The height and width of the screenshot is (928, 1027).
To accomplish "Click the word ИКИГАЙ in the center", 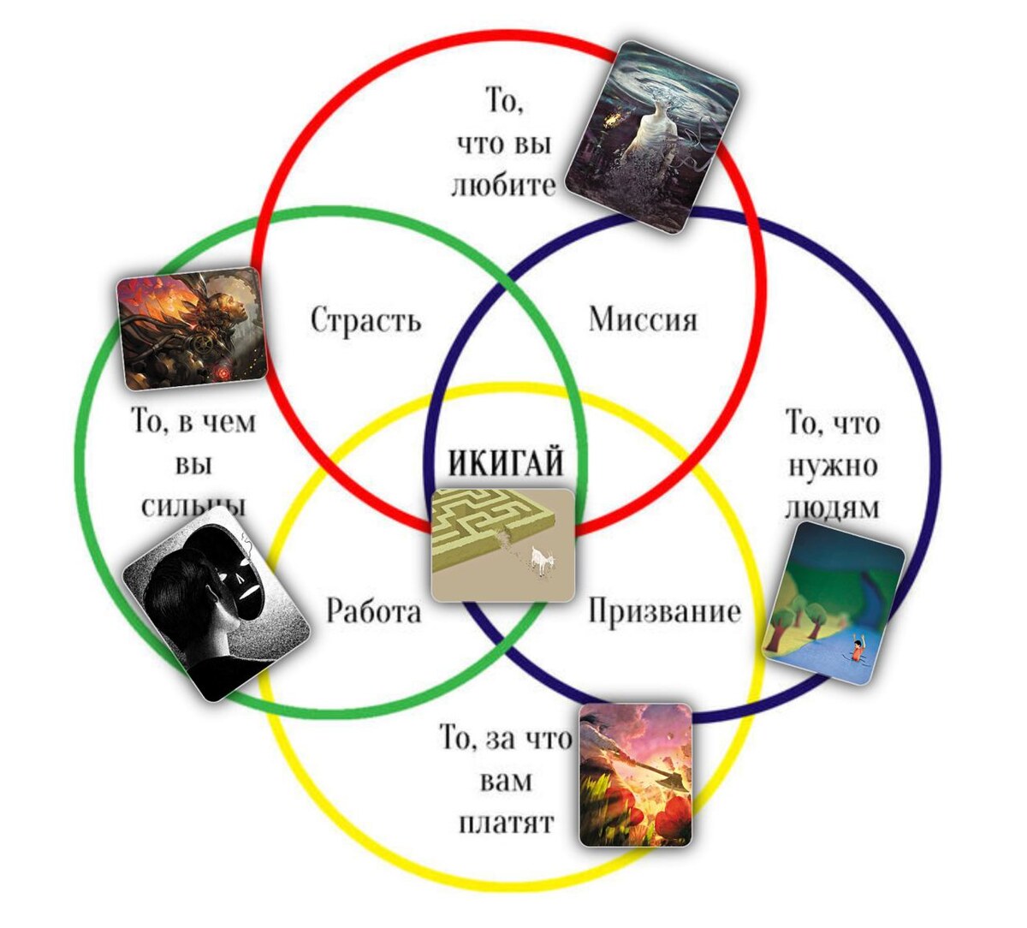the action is pyautogui.click(x=506, y=463).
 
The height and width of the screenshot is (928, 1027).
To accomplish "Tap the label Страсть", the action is pyautogui.click(x=365, y=320).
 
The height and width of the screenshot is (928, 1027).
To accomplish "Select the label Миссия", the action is pyautogui.click(x=643, y=319).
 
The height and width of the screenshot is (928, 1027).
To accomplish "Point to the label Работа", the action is pyautogui.click(x=374, y=611).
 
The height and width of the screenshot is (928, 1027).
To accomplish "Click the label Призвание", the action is pyautogui.click(x=664, y=611).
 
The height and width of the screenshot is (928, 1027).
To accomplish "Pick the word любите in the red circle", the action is pyautogui.click(x=503, y=185).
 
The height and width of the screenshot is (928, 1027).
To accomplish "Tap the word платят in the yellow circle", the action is pyautogui.click(x=506, y=823).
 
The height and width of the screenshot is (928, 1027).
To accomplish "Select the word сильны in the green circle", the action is pyautogui.click(x=193, y=505).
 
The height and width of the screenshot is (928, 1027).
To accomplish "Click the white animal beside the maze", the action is pyautogui.click(x=540, y=561).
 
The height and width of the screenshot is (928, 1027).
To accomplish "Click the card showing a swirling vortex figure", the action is pyautogui.click(x=664, y=136).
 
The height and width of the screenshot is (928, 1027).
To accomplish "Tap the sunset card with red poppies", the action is pyautogui.click(x=635, y=775).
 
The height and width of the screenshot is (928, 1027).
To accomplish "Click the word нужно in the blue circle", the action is pyautogui.click(x=832, y=466).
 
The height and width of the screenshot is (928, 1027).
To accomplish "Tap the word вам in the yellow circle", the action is pyautogui.click(x=505, y=781).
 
